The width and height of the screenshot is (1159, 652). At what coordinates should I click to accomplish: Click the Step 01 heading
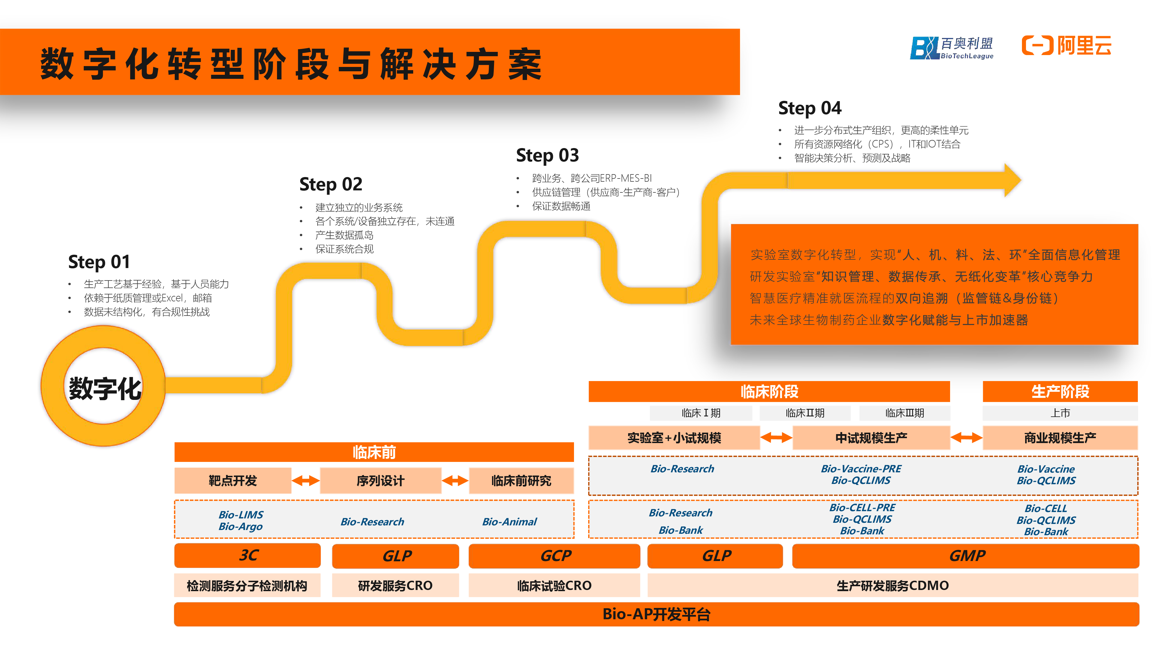(x=99, y=262)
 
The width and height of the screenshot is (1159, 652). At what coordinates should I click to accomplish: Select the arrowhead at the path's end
(x=1012, y=181)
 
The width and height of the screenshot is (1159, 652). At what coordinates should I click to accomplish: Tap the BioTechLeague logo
(x=952, y=48)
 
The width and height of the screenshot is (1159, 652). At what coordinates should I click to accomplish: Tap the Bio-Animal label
(x=509, y=522)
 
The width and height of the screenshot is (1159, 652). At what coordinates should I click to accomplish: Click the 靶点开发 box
(x=233, y=480)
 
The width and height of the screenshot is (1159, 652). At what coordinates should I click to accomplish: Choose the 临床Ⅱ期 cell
(x=805, y=413)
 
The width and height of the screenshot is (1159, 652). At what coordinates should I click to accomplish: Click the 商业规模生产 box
(x=1060, y=438)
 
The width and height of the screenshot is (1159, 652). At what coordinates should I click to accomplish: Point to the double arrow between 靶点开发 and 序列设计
(x=305, y=480)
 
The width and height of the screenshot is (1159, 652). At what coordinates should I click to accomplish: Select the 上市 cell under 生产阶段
(x=1060, y=413)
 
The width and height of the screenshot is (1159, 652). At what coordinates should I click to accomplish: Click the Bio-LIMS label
(x=241, y=515)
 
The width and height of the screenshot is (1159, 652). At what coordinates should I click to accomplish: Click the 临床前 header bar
(x=374, y=452)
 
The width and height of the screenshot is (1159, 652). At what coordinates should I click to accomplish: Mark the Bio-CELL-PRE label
(x=862, y=508)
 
